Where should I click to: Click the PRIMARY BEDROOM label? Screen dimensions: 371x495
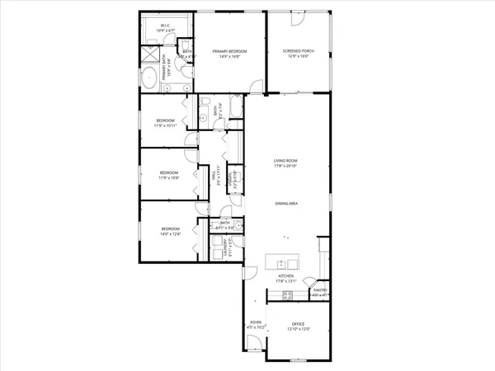coord(224,51)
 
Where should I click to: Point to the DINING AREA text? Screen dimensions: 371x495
coord(285,202)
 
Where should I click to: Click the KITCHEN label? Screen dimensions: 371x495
coord(286,275)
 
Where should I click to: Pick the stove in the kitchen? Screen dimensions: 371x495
coord(288,294)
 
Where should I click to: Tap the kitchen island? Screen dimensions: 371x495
coord(285,263)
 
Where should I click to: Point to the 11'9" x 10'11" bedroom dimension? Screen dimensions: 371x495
coord(166,126)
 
